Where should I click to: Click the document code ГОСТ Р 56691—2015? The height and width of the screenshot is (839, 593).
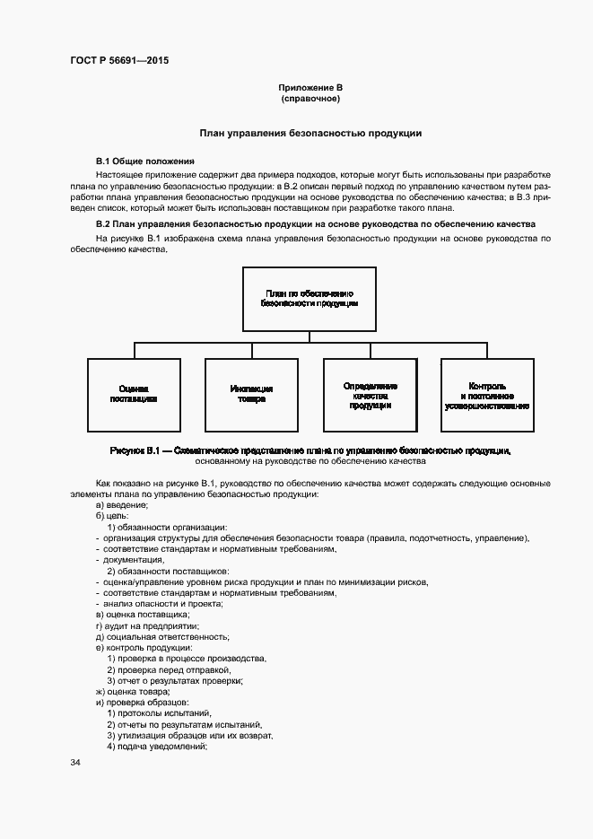[118, 61]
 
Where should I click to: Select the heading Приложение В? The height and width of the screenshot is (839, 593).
[310, 87]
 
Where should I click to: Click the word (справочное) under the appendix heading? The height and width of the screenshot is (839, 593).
[310, 99]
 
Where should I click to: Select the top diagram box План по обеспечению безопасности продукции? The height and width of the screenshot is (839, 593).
[310, 299]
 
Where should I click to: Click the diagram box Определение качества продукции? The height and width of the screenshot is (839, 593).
[369, 395]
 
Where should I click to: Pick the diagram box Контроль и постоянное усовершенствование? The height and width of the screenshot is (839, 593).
[486, 395]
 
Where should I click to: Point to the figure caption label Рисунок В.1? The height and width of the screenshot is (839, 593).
[135, 450]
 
